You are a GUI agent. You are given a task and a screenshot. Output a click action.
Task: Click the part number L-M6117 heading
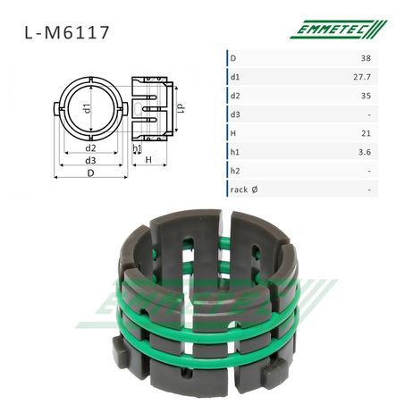click(67, 33)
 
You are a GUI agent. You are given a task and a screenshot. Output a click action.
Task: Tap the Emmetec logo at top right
click(339, 29)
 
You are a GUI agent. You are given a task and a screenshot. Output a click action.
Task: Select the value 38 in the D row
click(366, 58)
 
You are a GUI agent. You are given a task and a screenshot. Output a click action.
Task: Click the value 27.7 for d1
click(362, 77)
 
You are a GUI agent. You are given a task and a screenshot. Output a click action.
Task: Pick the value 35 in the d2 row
click(366, 96)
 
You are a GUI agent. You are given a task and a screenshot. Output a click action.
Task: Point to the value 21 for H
click(366, 133)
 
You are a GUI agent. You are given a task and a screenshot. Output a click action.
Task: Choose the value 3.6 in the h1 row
click(365, 152)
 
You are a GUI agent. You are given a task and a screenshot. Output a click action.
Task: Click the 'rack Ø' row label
click(244, 190)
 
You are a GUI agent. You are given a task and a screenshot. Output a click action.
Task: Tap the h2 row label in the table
click(235, 171)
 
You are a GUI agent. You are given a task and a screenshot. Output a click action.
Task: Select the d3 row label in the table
click(235, 114)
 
